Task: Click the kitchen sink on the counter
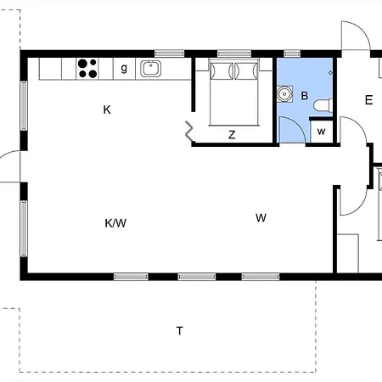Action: click(x=151, y=69)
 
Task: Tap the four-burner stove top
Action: click(x=87, y=69)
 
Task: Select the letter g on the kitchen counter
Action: click(x=124, y=68)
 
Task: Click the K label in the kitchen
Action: click(x=107, y=110)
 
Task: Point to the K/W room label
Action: click(x=115, y=223)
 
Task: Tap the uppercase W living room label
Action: click(x=261, y=217)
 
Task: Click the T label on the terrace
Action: click(x=179, y=330)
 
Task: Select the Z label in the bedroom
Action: click(x=232, y=135)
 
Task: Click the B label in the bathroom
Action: click(x=305, y=96)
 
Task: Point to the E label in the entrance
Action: click(x=368, y=100)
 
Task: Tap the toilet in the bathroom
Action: click(x=323, y=105)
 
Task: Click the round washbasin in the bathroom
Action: click(x=284, y=93)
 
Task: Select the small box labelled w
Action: click(x=321, y=132)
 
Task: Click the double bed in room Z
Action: click(x=233, y=92)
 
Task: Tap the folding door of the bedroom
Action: click(x=189, y=132)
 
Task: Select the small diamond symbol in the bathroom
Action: click(x=330, y=73)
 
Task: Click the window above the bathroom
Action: click(x=292, y=53)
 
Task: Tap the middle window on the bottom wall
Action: click(x=197, y=277)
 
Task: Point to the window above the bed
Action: click(x=234, y=53)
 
